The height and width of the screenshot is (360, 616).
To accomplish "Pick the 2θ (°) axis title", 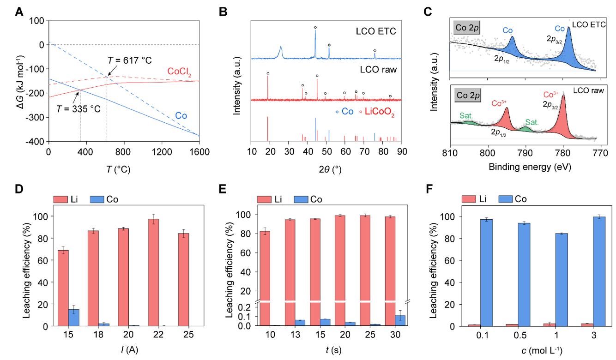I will tap(326, 169).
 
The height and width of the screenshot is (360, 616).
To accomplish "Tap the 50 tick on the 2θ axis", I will tap(326, 150).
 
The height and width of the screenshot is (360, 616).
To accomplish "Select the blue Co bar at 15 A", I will tap(74, 318).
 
